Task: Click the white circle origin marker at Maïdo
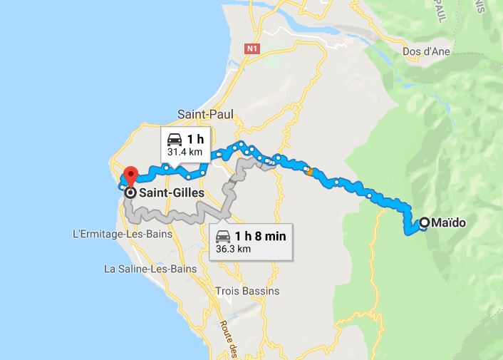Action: (x=425, y=223)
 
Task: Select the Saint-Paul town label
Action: (x=204, y=114)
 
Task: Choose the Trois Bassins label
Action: (x=247, y=291)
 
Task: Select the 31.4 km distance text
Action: (x=185, y=152)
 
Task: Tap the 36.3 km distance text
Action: (x=233, y=250)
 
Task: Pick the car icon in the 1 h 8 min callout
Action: (x=224, y=236)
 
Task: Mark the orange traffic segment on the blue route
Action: (x=309, y=170)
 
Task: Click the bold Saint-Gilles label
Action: (x=172, y=192)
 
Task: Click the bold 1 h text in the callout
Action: (x=195, y=139)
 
